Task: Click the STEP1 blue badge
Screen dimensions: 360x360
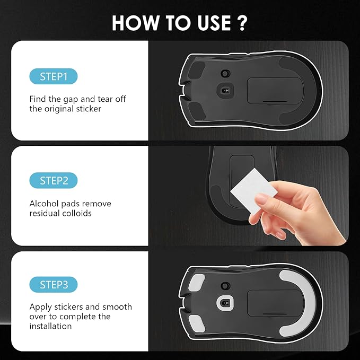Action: [x=54, y=76]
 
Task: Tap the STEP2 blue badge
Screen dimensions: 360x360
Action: [x=54, y=181]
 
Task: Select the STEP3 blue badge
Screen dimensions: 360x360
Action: [x=54, y=285]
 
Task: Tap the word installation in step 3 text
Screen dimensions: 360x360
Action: [x=50, y=326]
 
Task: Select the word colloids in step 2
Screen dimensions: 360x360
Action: [x=78, y=213]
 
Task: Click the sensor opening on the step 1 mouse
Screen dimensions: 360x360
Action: [x=223, y=90]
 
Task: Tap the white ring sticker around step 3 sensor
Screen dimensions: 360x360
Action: [x=223, y=302]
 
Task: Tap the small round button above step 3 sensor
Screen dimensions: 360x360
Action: [x=224, y=285]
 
